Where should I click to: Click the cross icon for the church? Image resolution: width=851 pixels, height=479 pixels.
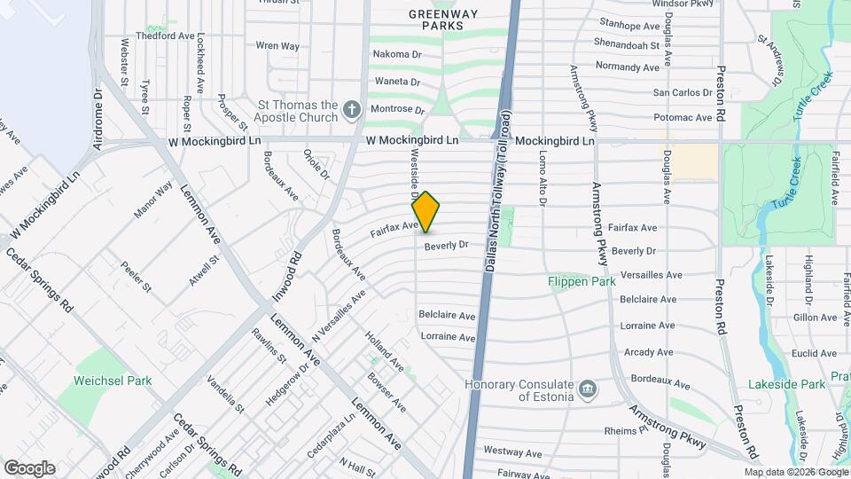pos(352,111)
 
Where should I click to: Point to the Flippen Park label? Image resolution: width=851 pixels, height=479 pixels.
pos(582,282)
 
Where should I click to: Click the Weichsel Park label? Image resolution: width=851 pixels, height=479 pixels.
pos(113,381)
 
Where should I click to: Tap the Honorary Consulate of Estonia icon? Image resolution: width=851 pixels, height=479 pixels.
pos(587,389)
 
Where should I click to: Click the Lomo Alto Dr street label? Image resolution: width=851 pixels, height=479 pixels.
pos(542,177)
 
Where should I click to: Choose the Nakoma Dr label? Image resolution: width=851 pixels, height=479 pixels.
pos(396,54)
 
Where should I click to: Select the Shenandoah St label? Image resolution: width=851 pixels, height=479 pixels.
pos(629,44)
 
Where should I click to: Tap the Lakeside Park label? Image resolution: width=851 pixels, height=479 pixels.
pos(799,384)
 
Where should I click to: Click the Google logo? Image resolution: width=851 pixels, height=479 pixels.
pos(29,467)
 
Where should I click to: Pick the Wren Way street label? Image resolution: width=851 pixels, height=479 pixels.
pos(277,45)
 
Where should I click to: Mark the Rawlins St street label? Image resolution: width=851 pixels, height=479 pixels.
pos(268,345)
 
